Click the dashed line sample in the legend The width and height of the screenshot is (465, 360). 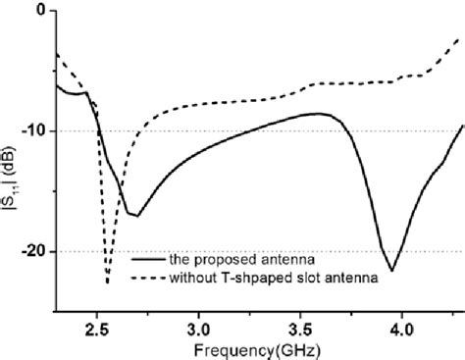click(x=149, y=278)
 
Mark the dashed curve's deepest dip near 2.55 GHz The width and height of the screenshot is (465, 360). click(x=107, y=283)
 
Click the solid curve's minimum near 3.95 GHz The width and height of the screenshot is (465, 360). click(x=391, y=271)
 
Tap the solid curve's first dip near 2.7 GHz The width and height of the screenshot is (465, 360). click(x=136, y=215)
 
